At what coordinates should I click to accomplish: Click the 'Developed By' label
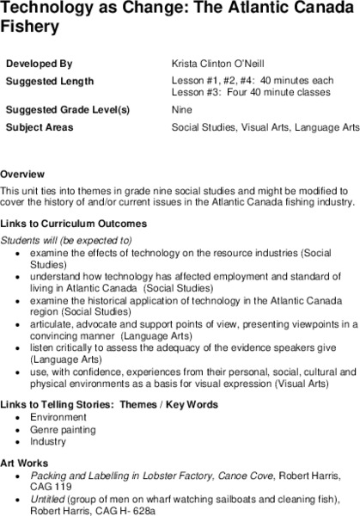coord(39,64)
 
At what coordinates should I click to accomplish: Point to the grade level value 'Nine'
coord(182,110)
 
